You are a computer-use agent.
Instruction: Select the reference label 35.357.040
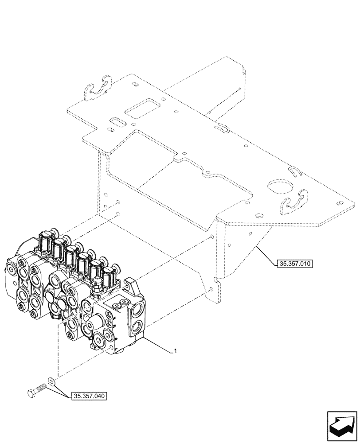pyautogui.click(x=88, y=396)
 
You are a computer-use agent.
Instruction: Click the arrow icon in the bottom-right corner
pyautogui.click(x=342, y=425)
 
